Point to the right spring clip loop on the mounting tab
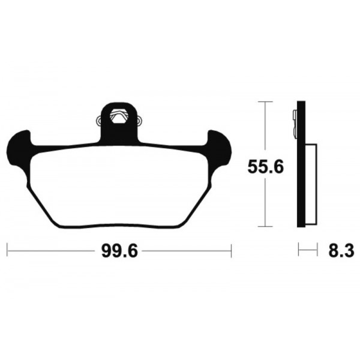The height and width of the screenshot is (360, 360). click(x=140, y=121)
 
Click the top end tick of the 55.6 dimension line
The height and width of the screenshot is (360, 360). click(x=262, y=102)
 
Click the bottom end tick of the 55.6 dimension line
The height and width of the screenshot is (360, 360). click(x=262, y=227)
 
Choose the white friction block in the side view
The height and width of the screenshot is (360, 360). click(x=310, y=185)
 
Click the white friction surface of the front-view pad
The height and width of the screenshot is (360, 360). click(x=120, y=186)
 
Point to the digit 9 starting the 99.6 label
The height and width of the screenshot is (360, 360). click(x=99, y=251)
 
